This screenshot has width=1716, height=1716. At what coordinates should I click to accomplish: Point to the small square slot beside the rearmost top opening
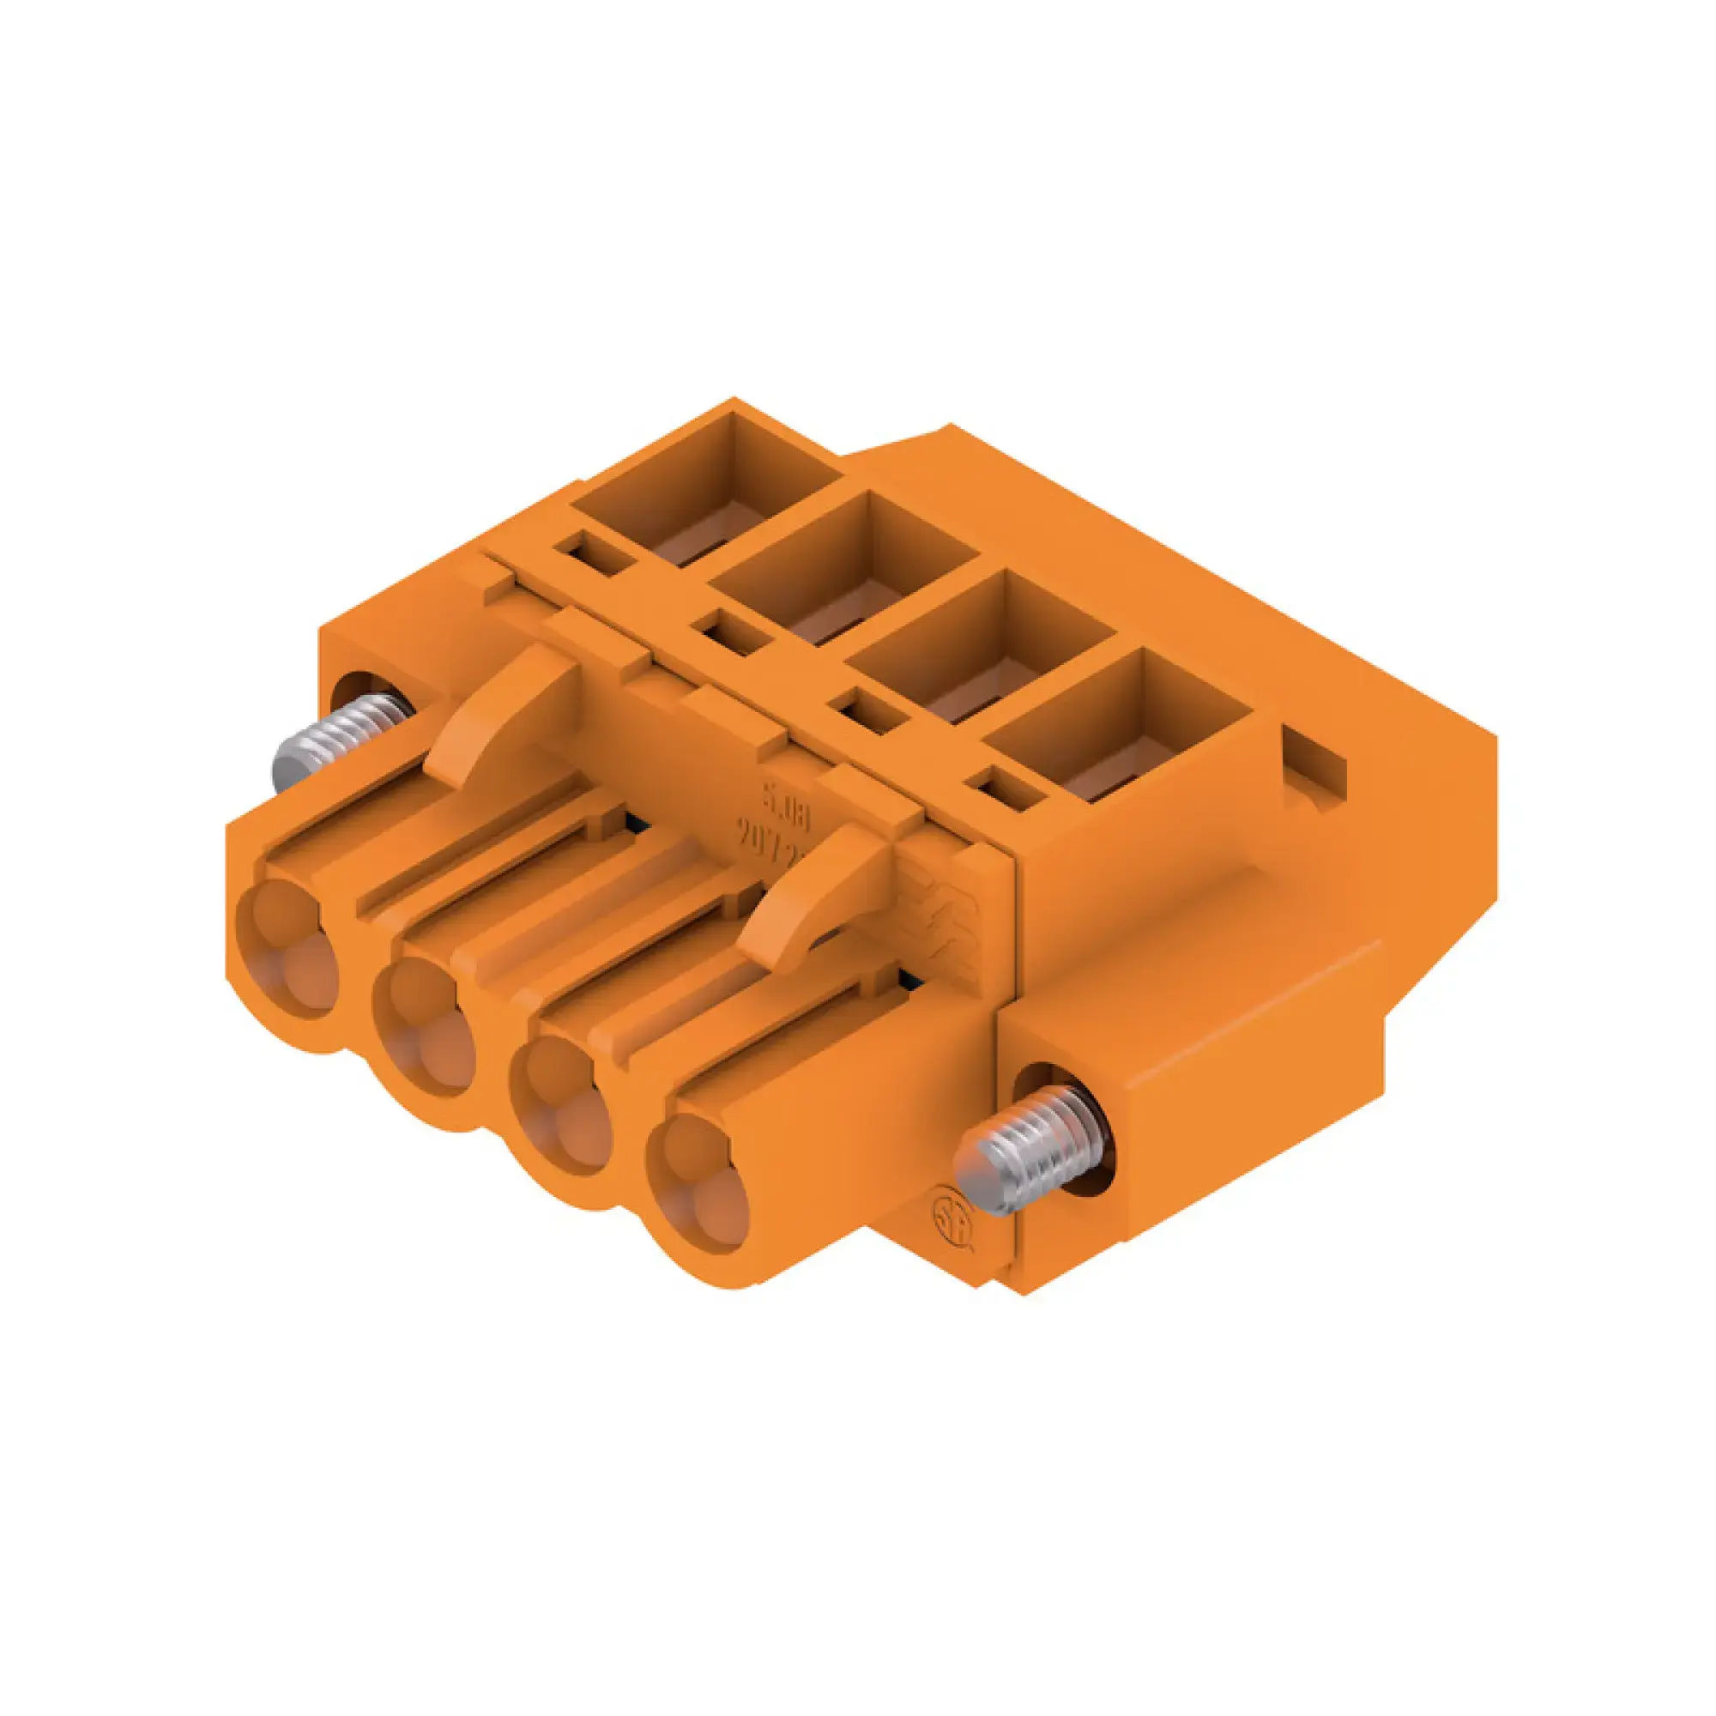(x=592, y=553)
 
